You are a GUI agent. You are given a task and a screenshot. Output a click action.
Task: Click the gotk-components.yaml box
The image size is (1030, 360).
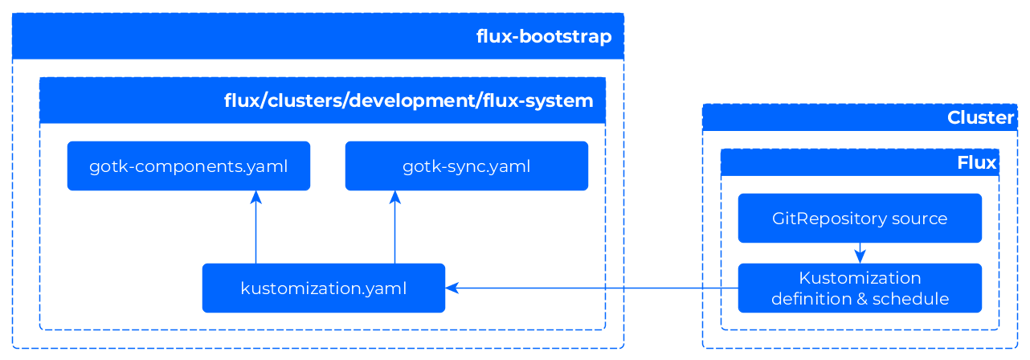click(x=188, y=166)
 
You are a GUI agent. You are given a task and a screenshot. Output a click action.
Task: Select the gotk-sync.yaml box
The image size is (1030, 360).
click(x=466, y=166)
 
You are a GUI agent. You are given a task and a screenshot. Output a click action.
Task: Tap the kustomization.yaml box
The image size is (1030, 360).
click(x=323, y=288)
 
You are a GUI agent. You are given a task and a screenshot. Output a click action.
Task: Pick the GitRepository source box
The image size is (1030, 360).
click(x=860, y=218)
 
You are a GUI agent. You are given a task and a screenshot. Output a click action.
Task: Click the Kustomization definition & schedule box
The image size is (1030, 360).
click(x=860, y=288)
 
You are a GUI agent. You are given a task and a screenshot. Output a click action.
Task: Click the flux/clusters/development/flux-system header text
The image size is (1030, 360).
click(x=408, y=101)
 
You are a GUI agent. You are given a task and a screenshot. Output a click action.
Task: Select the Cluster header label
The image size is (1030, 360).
click(x=980, y=118)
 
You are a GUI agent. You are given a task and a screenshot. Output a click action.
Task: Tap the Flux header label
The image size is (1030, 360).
click(x=976, y=163)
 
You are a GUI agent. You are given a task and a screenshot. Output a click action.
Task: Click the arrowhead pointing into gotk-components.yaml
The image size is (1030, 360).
click(x=255, y=198)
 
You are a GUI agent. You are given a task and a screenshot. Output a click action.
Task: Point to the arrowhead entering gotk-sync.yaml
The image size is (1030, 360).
click(x=394, y=198)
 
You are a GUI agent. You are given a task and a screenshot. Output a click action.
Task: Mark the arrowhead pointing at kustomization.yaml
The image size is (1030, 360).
click(x=452, y=288)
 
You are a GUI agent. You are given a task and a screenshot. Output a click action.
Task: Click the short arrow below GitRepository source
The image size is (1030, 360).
click(x=860, y=253)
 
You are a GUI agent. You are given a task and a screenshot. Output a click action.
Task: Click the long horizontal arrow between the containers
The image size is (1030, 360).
click(x=595, y=288)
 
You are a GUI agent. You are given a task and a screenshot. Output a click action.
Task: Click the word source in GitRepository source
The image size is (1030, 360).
click(x=921, y=219)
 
